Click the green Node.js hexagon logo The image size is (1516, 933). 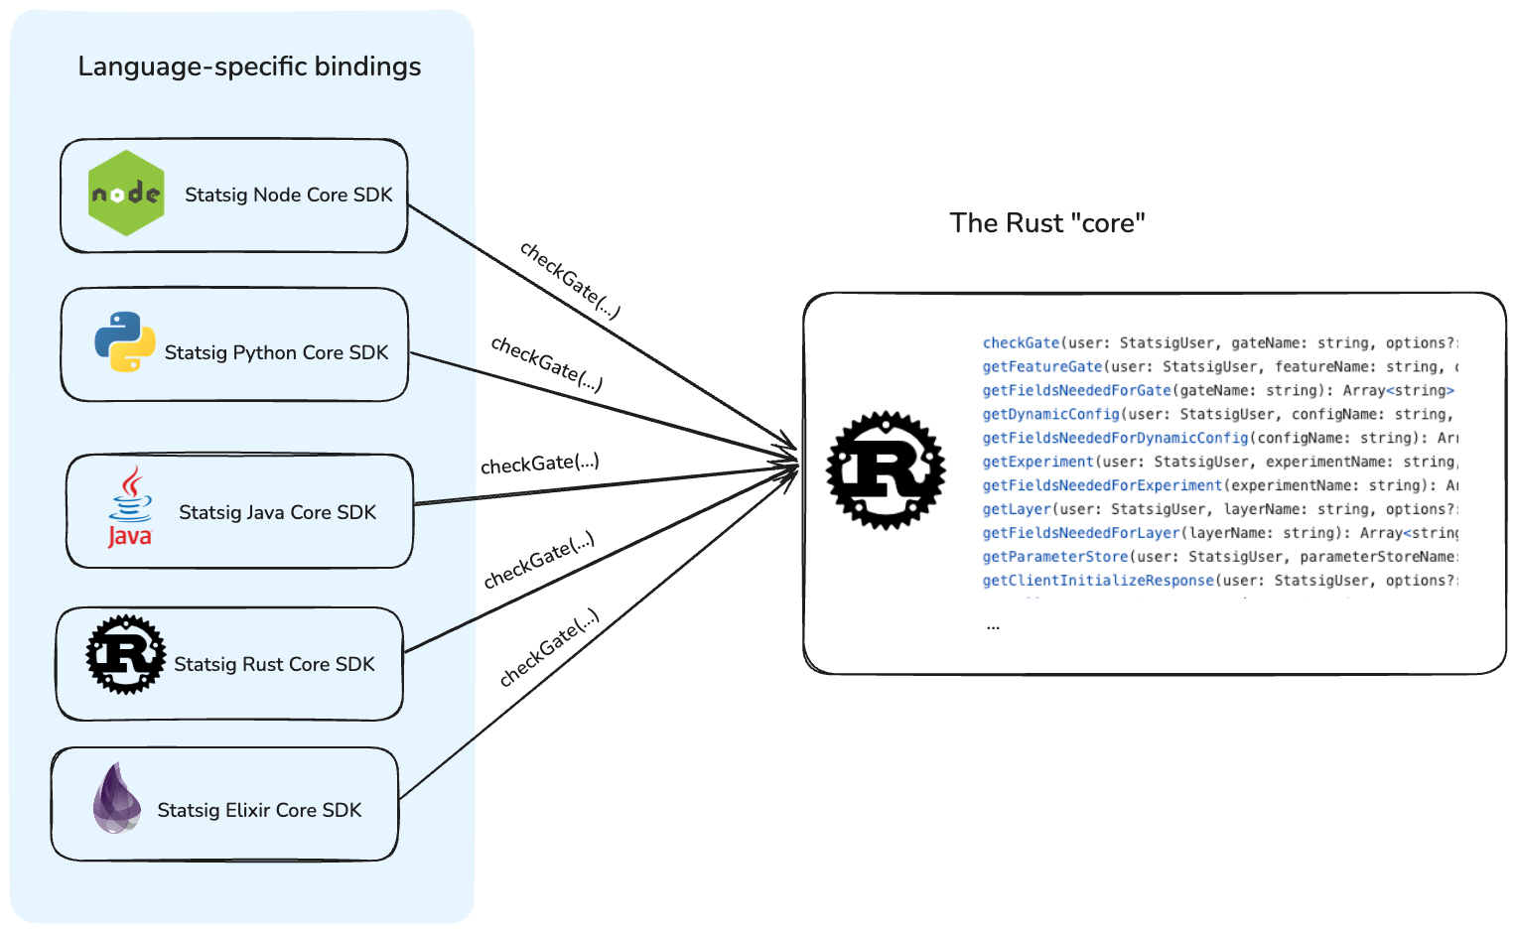(126, 194)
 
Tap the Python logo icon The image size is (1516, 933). (125, 342)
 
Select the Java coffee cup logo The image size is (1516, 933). (130, 507)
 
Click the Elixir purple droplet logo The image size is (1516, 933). (116, 798)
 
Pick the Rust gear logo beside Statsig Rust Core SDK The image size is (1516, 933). (126, 654)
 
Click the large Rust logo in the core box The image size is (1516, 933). (886, 469)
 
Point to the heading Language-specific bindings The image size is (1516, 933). (249, 67)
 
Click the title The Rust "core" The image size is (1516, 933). (1047, 223)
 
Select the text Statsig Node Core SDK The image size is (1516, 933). (289, 196)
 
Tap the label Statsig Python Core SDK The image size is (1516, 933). (276, 353)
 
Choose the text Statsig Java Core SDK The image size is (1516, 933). (277, 513)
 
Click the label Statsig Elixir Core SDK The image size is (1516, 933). (259, 811)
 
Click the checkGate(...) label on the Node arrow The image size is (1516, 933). (570, 281)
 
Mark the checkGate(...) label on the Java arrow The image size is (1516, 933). (539, 464)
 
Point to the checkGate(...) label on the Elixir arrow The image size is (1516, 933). (549, 648)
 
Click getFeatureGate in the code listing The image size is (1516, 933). (1042, 367)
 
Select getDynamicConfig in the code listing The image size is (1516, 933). (1050, 415)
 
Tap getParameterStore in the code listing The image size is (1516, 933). (1055, 557)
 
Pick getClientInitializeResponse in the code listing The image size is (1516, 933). (1098, 581)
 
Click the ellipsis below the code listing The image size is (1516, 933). (993, 626)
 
